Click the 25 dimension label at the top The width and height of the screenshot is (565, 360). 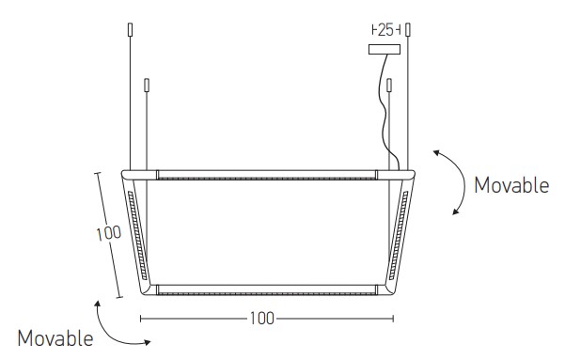386,30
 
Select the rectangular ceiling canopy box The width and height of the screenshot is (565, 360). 385,50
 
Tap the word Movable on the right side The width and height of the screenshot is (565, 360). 511,185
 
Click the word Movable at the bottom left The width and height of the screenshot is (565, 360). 55,338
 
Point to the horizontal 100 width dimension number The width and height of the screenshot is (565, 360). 262,319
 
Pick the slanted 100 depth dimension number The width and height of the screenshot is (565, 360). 108,233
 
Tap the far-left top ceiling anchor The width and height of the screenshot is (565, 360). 130,29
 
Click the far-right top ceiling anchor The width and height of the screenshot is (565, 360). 408,29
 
